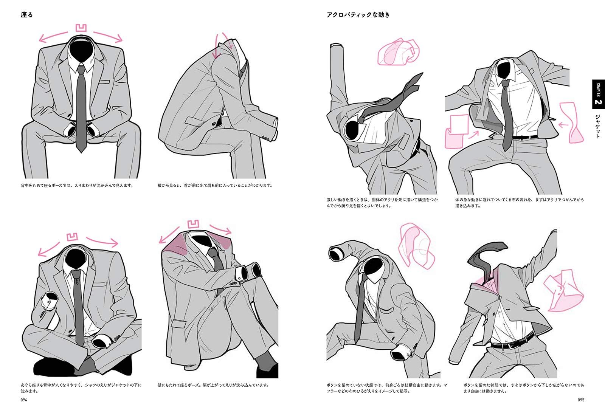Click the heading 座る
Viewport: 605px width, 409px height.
26,15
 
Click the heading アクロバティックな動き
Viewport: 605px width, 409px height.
358,15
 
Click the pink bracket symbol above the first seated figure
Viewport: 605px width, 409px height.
81,28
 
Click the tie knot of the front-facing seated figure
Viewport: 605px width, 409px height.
81,70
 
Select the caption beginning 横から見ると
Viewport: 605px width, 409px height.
215,186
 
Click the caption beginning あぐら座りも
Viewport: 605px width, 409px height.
81,388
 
